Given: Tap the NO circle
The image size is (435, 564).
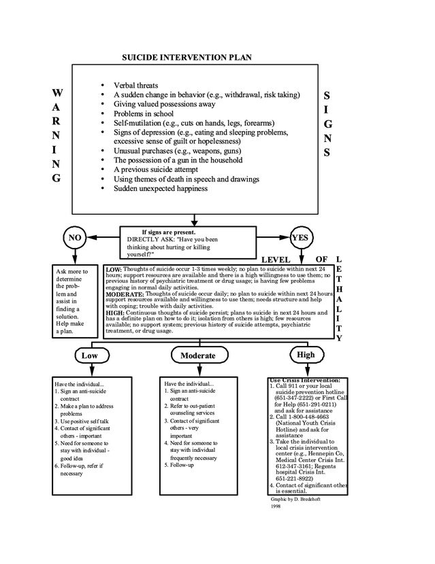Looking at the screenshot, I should [76, 237].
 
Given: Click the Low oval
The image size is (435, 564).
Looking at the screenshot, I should [89, 355].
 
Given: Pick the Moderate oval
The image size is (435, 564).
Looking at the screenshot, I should [197, 355].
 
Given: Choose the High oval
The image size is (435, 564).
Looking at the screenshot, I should [306, 355].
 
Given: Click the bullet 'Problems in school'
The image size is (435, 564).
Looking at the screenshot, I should [144, 113].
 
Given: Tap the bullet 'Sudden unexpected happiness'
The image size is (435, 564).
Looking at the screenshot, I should [161, 189].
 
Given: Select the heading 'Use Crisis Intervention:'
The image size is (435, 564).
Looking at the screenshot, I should [304, 380].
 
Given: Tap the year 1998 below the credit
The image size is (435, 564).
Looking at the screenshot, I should [276, 506].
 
